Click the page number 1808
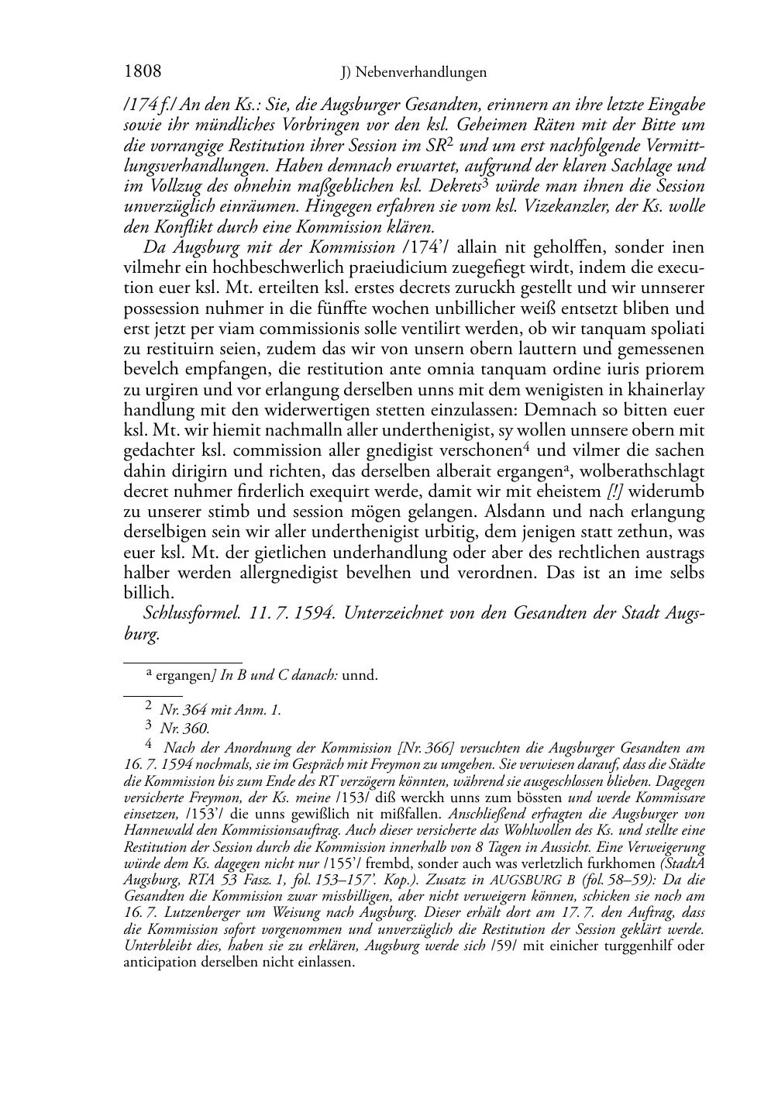tap(143, 72)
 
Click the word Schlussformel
tap(191, 613)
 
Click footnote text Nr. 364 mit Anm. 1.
tap(220, 709)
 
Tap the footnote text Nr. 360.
tap(184, 729)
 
